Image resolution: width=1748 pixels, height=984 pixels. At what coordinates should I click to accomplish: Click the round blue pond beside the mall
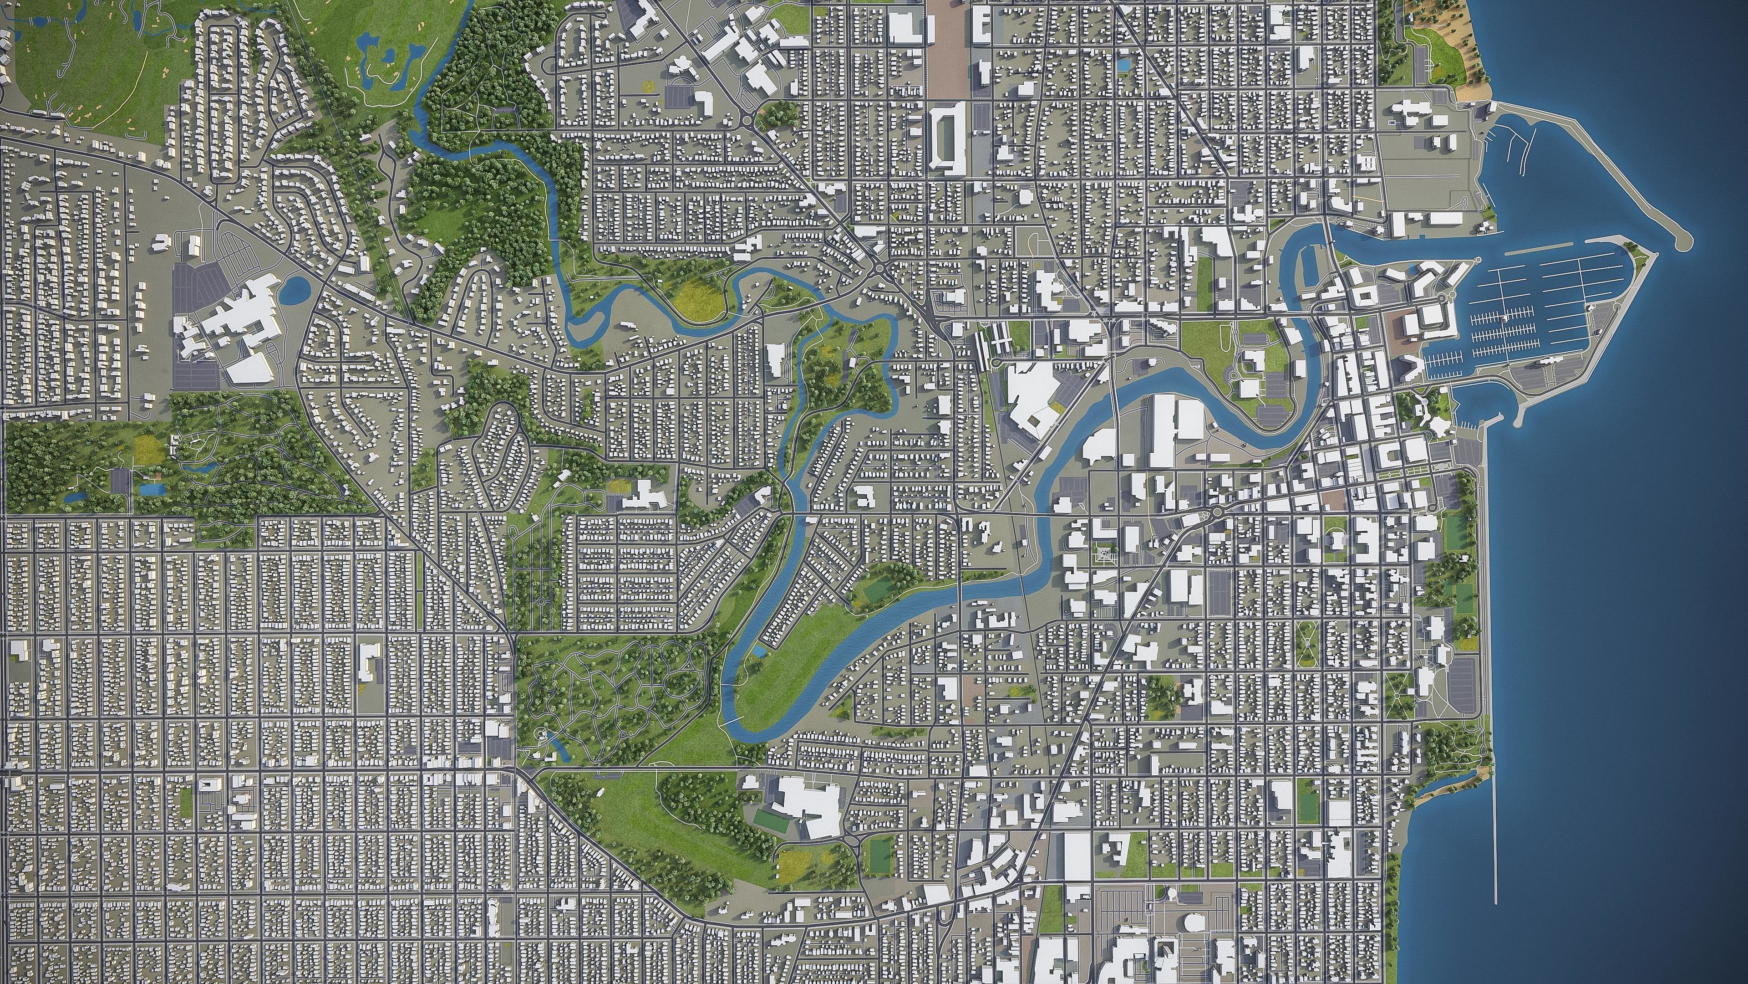pos(296,291)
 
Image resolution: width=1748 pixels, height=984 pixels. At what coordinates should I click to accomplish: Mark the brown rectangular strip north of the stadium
pos(947,47)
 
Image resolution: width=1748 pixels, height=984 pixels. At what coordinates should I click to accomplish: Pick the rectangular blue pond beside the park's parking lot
pos(151,489)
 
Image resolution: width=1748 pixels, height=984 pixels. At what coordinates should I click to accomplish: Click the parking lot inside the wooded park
pos(121,481)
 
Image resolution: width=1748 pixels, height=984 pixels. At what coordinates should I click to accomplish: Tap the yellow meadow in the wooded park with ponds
pos(145,448)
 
